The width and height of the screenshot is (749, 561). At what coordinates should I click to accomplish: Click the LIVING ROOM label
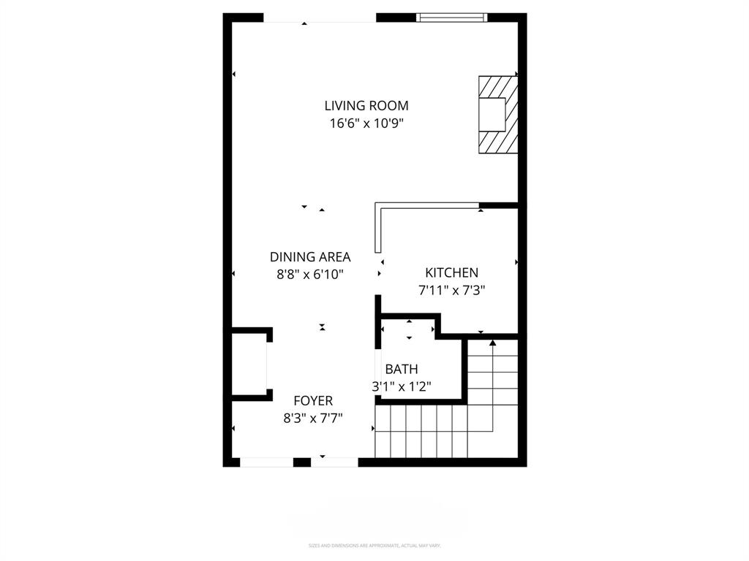[366, 106]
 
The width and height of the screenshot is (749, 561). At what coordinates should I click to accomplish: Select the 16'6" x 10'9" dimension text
[366, 123]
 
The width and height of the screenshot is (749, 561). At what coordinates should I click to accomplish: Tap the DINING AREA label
[310, 257]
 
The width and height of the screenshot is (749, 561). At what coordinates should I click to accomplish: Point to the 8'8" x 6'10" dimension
[310, 275]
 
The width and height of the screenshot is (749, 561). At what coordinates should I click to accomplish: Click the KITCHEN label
[452, 272]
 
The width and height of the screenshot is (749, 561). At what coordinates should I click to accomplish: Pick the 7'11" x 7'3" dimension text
[452, 290]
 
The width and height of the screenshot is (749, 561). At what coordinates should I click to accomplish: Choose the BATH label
[402, 369]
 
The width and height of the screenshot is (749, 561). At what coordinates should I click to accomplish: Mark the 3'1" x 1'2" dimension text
[402, 386]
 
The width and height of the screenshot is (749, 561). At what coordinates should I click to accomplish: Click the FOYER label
[313, 400]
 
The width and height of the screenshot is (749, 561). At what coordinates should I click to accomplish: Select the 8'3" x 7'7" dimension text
[313, 418]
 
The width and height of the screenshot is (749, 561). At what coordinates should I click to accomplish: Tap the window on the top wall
[451, 18]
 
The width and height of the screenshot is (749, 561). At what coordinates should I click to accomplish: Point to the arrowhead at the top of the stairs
[492, 342]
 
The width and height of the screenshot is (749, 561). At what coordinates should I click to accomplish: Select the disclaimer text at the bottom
[374, 546]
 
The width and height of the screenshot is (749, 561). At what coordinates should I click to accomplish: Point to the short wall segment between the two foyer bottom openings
[302, 462]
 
